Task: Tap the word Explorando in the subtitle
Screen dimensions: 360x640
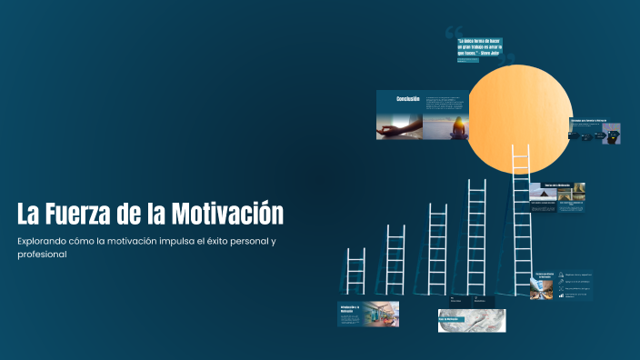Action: coord(45,241)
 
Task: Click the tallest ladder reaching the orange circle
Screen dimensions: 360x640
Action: coord(520,218)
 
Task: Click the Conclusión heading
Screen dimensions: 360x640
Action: coord(407,99)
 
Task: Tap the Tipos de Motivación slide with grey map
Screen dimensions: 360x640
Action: coord(471,320)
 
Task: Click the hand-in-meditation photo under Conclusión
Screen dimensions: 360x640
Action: coord(400,125)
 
